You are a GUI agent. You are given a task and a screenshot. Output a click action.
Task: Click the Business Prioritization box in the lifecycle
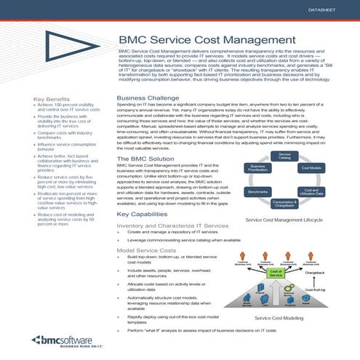click(259, 168)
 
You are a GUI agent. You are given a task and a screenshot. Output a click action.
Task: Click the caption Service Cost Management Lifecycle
click(286, 218)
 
